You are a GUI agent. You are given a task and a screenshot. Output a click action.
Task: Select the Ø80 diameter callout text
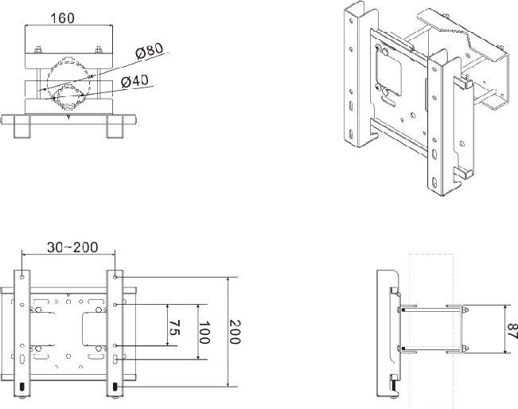pyautogui.click(x=149, y=51)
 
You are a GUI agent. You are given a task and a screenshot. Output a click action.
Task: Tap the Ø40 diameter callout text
pyautogui.click(x=137, y=80)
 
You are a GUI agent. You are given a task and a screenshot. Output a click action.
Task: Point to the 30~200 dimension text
pyautogui.click(x=72, y=247)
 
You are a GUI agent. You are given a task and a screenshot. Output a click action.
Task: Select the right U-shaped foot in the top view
pyautogui.click(x=115, y=127)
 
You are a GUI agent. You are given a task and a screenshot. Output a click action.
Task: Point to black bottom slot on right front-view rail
pyautogui.click(x=116, y=388)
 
